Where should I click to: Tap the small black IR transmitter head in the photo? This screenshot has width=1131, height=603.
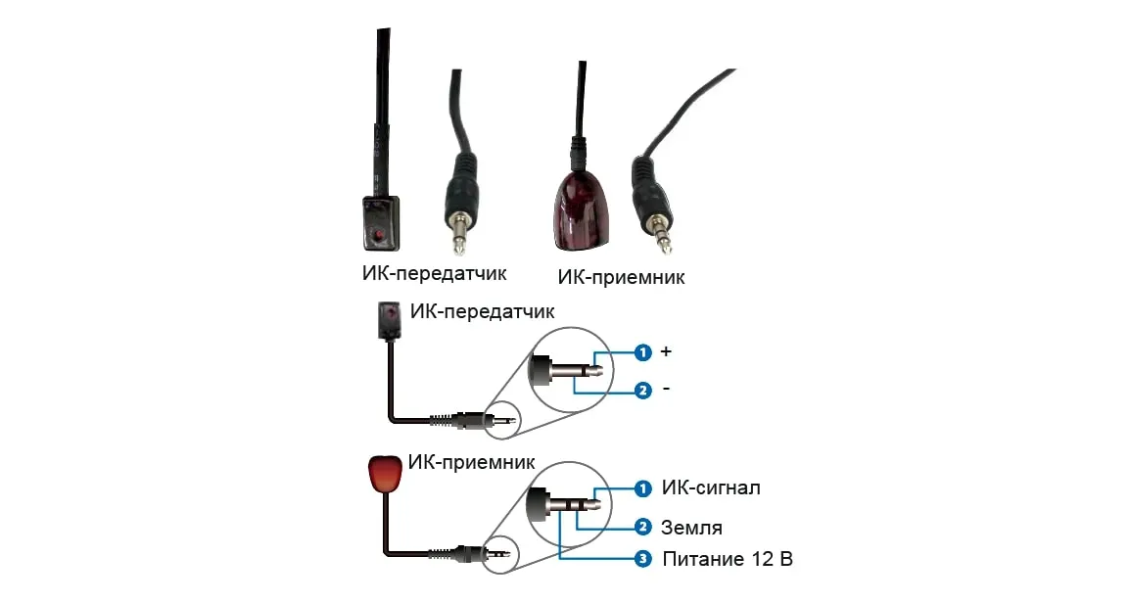(381, 222)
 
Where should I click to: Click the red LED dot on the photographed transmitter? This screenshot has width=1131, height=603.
(378, 236)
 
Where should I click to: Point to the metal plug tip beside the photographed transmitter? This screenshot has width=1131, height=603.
(458, 238)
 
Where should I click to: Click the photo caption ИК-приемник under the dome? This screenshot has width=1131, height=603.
(621, 277)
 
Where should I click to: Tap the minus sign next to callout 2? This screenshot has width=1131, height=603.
(667, 390)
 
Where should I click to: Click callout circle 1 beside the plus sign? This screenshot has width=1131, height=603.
(643, 352)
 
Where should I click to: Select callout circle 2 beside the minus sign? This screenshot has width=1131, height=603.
(643, 391)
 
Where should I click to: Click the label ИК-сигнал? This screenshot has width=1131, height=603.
(711, 487)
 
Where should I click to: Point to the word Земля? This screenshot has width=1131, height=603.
(692, 528)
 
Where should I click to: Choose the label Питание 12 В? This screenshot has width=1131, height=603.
(727, 560)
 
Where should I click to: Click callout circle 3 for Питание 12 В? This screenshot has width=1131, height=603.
(643, 560)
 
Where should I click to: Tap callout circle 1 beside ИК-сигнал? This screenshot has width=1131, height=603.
(643, 487)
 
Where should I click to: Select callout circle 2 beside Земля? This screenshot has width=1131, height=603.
(643, 528)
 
